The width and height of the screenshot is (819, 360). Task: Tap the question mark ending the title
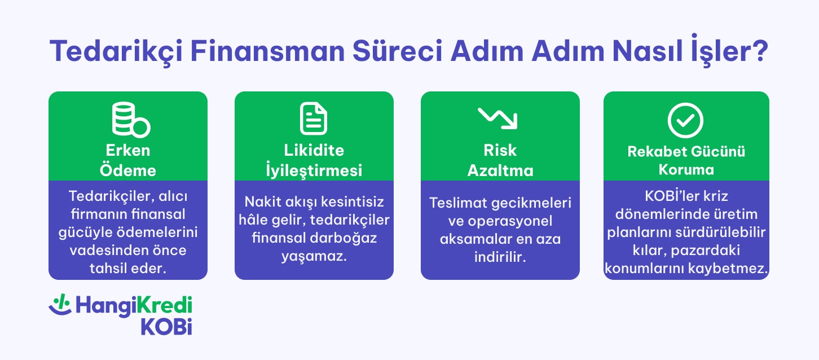coord(759,51)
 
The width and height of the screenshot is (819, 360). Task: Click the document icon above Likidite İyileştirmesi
coord(314,118)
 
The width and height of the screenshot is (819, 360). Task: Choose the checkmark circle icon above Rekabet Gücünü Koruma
coord(685,118)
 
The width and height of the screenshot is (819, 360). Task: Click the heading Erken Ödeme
coord(128,160)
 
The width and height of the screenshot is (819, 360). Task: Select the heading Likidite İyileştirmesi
coord(314,160)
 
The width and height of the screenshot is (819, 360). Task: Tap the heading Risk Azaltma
coord(500,160)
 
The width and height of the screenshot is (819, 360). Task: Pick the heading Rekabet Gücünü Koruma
coord(686,160)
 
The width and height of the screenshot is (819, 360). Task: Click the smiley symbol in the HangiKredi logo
coord(60,306)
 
